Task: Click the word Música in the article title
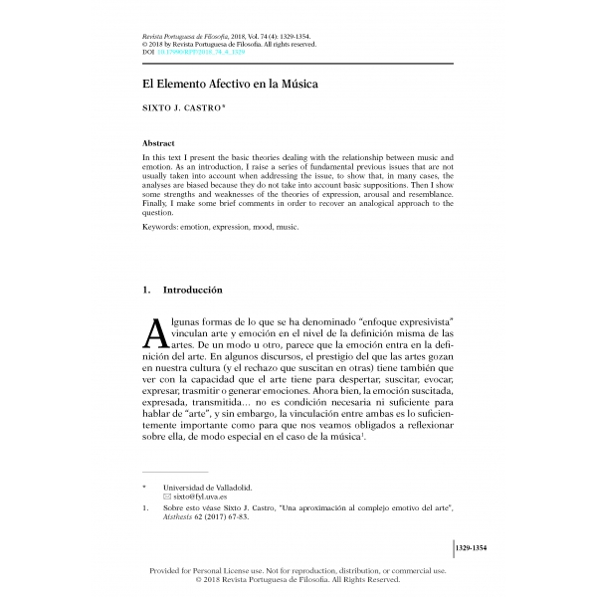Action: click(x=296, y=85)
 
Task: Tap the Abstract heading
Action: click(x=160, y=143)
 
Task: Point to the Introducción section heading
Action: click(x=189, y=290)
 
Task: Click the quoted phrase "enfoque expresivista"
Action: click(x=397, y=324)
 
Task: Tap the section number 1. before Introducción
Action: click(x=148, y=290)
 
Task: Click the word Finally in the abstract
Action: click(x=159, y=202)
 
